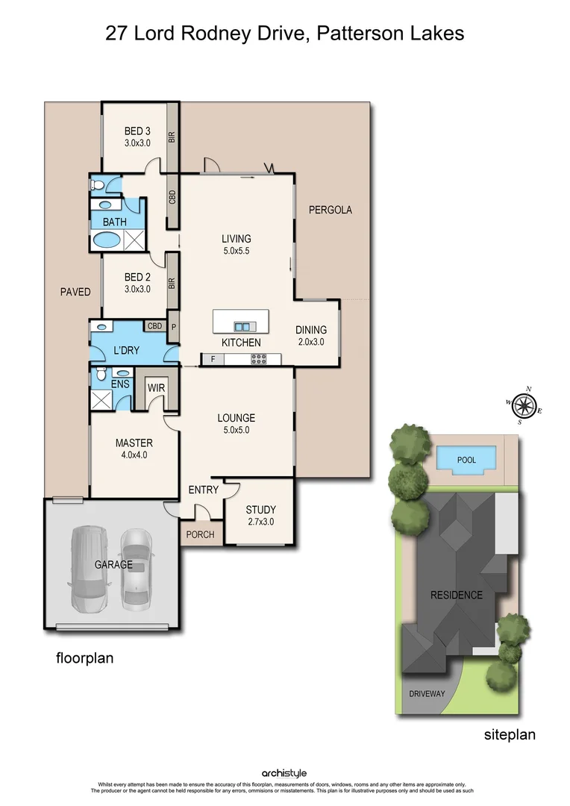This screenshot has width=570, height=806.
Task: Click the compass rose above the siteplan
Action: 525,406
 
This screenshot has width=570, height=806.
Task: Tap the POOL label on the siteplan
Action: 466,460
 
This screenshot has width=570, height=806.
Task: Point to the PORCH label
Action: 200,534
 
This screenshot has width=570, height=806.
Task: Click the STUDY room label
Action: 260,510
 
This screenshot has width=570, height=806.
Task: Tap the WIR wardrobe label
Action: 156,388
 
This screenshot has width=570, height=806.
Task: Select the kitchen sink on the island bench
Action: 242,326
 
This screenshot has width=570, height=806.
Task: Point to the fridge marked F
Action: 213,359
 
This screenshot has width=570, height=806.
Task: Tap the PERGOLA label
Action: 330,210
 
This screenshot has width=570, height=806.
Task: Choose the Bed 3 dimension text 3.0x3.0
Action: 137,143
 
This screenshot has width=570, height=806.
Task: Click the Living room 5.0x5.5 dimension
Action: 236,251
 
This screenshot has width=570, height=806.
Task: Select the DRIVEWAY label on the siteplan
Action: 427,693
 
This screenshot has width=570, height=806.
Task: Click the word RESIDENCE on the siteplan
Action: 456,595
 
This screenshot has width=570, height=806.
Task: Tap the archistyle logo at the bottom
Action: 284,774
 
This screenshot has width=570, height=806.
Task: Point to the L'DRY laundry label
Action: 126,350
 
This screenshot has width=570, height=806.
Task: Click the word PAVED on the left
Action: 75,291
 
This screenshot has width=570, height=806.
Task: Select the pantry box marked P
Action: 174,326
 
